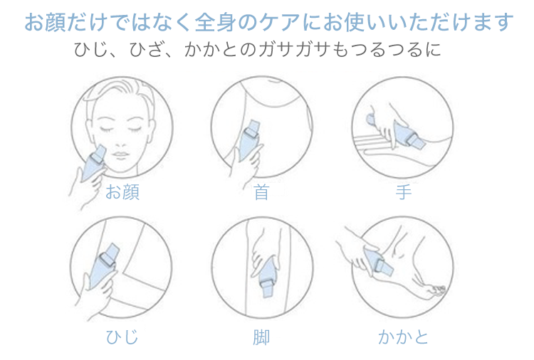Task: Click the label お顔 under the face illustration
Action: click(122, 192)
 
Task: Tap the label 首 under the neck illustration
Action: click(261, 192)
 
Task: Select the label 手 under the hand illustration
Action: click(403, 192)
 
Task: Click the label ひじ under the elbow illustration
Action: click(122, 337)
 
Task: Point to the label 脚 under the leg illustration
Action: click(261, 337)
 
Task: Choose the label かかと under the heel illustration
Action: click(403, 337)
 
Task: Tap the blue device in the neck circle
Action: click(250, 140)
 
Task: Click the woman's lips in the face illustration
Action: click(120, 155)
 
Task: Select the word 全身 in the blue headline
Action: click(216, 22)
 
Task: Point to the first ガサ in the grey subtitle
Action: click(276, 50)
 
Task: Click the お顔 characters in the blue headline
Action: click(46, 22)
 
